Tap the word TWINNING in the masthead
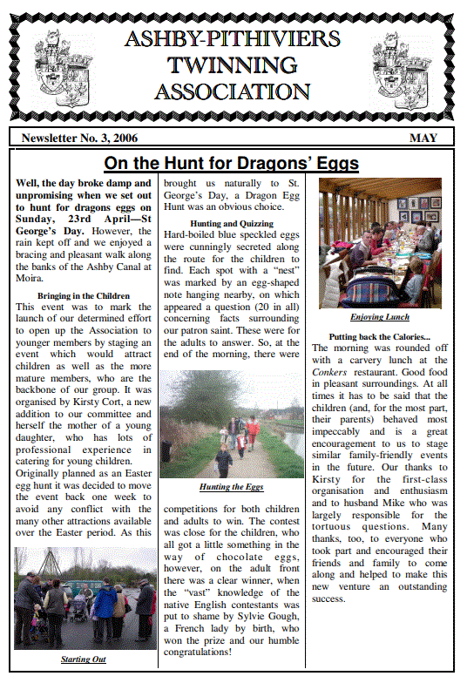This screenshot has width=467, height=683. [232, 65]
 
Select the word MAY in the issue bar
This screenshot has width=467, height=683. [424, 138]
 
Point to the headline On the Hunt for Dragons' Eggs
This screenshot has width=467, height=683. [232, 164]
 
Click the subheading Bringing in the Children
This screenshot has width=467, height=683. [84, 296]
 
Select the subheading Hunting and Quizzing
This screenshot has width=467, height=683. [231, 224]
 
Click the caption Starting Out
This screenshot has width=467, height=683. [84, 659]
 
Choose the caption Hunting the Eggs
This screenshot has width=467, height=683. [231, 486]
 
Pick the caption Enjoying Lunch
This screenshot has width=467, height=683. [379, 317]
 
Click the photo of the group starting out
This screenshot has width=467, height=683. [85, 598]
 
